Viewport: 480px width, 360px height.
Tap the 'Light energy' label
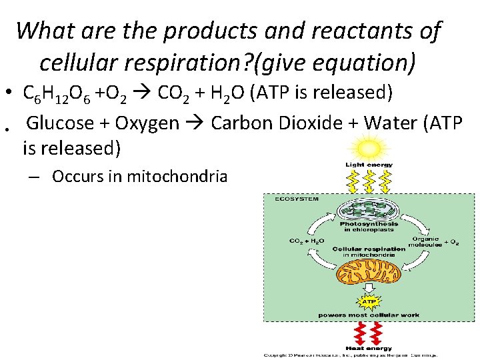click(x=369, y=165)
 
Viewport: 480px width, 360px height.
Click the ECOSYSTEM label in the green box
click(x=293, y=199)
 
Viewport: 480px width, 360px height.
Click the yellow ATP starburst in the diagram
click(x=369, y=301)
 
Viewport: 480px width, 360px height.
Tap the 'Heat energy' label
click(x=369, y=347)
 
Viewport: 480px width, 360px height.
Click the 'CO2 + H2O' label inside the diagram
click(x=307, y=241)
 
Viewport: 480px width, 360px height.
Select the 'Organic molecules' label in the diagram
click(x=426, y=241)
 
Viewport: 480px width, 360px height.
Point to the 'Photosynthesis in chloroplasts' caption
click(x=369, y=227)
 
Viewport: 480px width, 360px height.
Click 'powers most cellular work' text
click(x=369, y=315)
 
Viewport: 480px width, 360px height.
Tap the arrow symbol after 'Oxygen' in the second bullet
click(x=197, y=123)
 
